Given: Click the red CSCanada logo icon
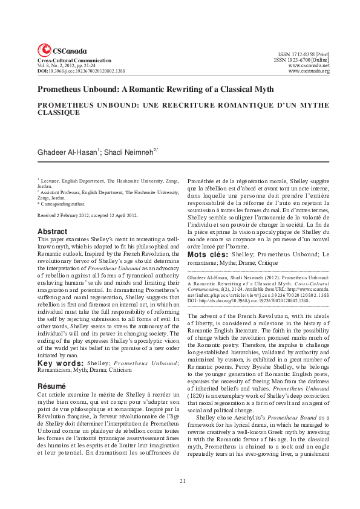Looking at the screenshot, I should pyautogui.click(x=44, y=51).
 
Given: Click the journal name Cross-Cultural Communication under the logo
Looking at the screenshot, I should pyautogui.click(x=74, y=61).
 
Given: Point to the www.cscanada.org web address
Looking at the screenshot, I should pyautogui.click(x=309, y=71).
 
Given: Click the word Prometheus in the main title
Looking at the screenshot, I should pyautogui.click(x=62, y=89).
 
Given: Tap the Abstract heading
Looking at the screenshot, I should pyautogui.click(x=52, y=232).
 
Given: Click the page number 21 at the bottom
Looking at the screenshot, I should pyautogui.click(x=182, y=481).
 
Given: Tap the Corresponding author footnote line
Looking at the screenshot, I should pyautogui.click(x=60, y=204).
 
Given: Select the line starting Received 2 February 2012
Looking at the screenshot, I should pyautogui.click(x=88, y=215).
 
